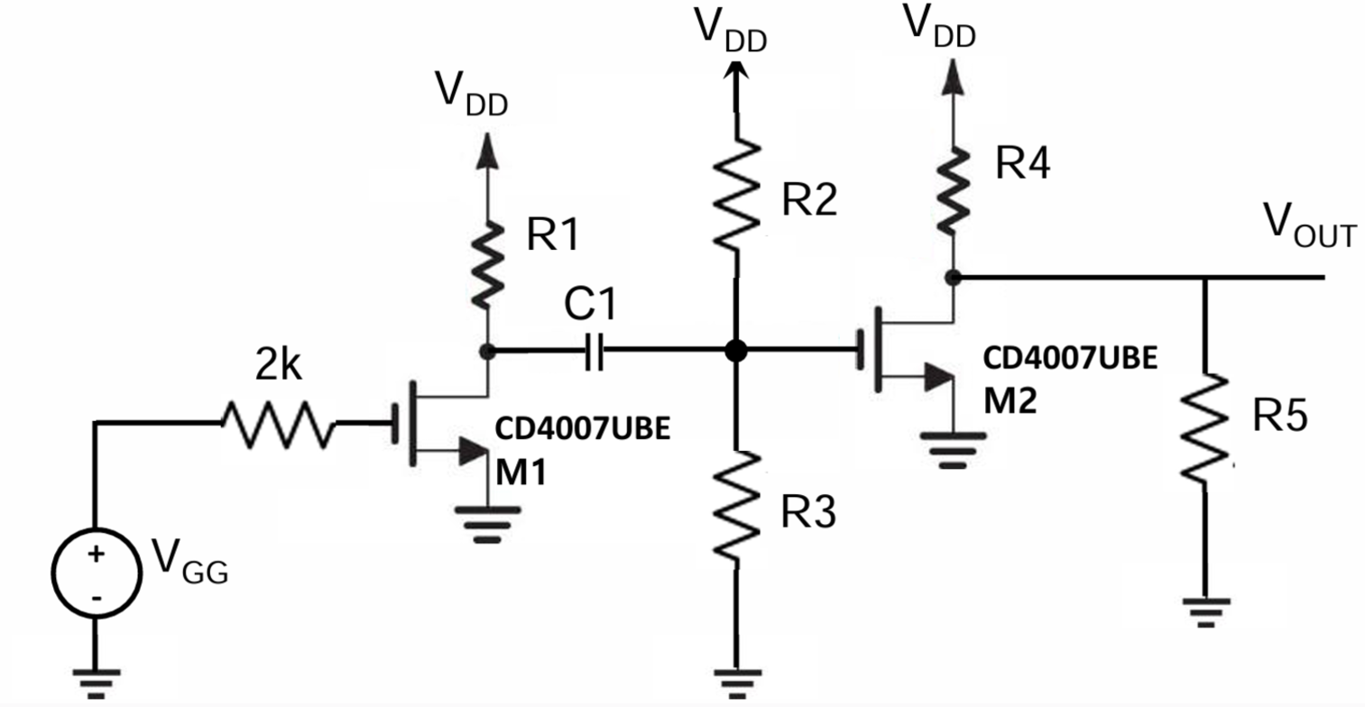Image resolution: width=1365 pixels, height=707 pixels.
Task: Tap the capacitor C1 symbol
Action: (x=593, y=353)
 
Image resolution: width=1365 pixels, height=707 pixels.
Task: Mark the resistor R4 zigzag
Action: (x=954, y=190)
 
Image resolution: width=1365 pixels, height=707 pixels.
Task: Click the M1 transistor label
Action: (x=522, y=472)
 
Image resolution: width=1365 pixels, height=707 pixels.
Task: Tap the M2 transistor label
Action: (x=1010, y=399)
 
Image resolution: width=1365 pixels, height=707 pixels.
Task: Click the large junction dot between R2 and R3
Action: (x=736, y=352)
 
